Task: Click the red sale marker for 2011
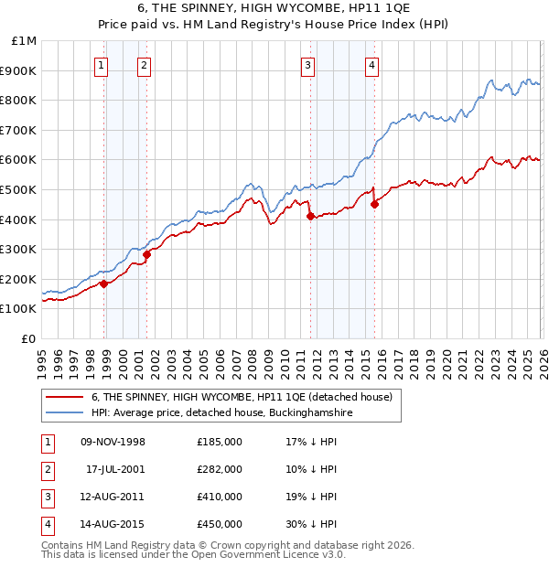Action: (x=311, y=217)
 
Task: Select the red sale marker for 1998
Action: (x=104, y=283)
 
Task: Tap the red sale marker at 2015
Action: (x=374, y=205)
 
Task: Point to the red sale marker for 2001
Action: (x=147, y=254)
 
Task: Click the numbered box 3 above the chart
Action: (x=308, y=65)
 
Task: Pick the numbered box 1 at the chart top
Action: (x=100, y=65)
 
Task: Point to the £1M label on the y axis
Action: (x=24, y=41)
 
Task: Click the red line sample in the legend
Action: (x=65, y=397)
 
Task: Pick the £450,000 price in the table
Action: (x=219, y=524)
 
